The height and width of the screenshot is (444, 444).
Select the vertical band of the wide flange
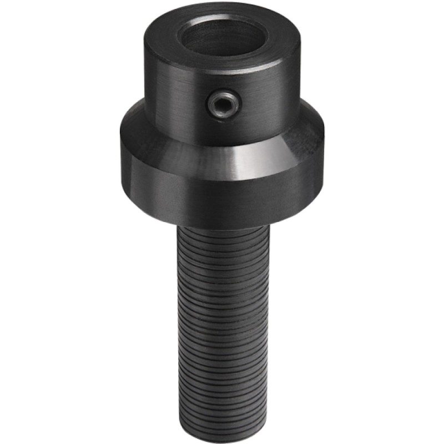222,197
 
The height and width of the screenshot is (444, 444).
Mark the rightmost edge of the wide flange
324,161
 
